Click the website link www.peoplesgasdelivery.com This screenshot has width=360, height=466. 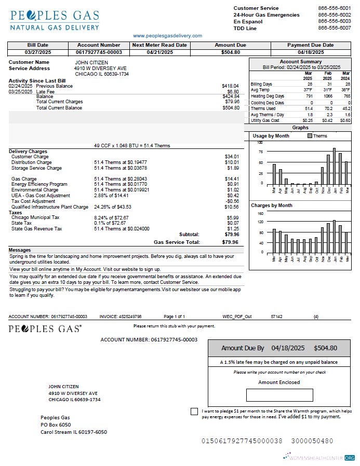(167, 36)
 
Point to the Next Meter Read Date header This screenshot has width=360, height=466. (159, 45)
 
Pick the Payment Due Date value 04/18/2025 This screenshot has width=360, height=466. (311, 52)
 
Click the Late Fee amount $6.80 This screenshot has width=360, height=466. (233, 91)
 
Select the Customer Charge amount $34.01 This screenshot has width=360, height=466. (232, 156)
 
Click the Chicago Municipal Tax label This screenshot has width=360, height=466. (35, 217)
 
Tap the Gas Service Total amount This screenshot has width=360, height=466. (230, 242)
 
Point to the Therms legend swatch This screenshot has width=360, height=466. (310, 135)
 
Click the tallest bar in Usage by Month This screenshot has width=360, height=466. (334, 167)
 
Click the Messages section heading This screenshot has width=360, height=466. (20, 250)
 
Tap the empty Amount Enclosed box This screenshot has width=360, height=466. (279, 395)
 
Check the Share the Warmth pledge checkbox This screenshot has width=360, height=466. (194, 412)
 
